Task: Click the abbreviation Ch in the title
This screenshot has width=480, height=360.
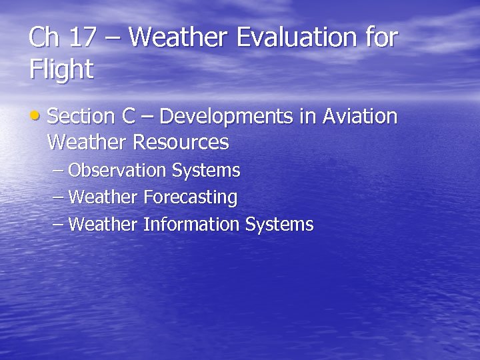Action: coord(43,38)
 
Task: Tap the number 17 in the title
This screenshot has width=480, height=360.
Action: coord(82,38)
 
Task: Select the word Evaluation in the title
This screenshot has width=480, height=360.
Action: coord(293,38)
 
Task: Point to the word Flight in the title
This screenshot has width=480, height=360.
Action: coord(61,69)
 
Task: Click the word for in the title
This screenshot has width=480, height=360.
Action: coord(381,38)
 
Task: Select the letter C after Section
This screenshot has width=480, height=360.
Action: coord(129,117)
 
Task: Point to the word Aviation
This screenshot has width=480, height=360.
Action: coord(360,117)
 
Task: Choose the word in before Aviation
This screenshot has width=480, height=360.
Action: coord(307,117)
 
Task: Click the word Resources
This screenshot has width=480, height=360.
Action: coord(181,143)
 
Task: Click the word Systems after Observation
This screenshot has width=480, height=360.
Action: coord(206,171)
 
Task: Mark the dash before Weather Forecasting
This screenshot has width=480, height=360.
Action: coord(58,198)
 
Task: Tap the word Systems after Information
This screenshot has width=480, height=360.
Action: coord(279,225)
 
